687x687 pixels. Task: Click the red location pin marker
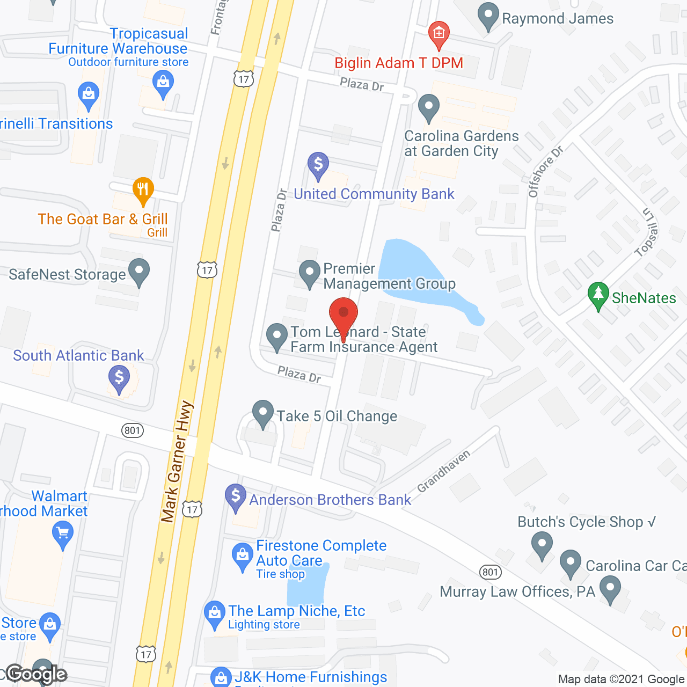(343, 314)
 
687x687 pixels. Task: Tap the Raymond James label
(557, 18)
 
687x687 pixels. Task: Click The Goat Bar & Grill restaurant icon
(143, 189)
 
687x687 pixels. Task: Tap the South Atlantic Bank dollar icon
(119, 378)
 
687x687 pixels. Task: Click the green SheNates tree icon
(598, 295)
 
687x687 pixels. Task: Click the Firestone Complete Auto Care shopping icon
(243, 556)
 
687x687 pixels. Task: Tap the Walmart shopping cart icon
(63, 535)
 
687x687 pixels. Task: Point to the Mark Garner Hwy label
(177, 462)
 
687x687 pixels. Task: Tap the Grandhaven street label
(444, 471)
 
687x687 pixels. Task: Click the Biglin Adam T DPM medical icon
(439, 34)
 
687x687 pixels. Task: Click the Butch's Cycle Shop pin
(542, 544)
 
